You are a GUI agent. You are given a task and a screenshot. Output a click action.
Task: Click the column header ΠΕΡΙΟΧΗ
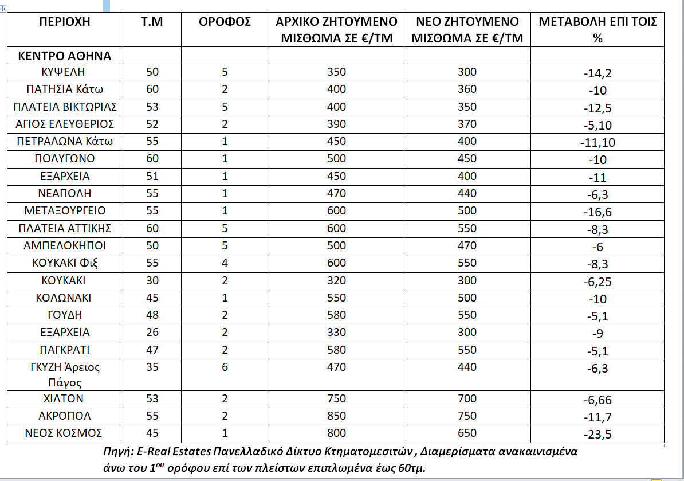point(65,22)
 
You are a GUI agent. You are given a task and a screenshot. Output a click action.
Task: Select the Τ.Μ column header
point(152,22)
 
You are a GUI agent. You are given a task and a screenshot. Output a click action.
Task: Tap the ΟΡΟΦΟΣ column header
point(225,22)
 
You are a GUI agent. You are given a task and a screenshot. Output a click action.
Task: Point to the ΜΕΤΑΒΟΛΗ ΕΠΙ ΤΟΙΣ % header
point(597,30)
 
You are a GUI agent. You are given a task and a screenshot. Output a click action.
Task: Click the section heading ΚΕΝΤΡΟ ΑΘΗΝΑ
point(65,56)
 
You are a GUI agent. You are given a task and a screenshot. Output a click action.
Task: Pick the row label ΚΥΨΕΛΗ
point(65,72)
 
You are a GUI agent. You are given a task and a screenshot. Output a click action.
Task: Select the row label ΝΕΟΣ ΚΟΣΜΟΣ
point(65,433)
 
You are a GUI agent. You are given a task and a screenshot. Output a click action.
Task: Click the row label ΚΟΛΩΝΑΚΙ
point(66,298)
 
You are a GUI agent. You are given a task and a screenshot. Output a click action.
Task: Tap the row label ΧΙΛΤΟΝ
point(66,399)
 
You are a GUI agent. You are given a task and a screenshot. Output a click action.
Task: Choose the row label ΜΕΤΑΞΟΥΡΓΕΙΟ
point(65,211)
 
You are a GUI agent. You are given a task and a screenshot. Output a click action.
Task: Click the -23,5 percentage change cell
point(597,435)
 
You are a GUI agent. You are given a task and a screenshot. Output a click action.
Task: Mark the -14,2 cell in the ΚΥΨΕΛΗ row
point(597,73)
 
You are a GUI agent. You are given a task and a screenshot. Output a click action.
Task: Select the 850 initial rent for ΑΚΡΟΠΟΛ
point(337,416)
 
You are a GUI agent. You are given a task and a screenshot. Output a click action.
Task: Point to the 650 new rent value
point(467,433)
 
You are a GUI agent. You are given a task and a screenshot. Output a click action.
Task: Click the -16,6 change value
point(597,212)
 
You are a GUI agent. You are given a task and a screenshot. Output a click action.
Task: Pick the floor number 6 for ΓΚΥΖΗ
point(225,367)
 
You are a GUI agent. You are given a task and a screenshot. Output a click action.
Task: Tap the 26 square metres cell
point(152,333)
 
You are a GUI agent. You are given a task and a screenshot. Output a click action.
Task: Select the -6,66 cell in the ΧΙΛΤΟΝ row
point(597,400)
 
